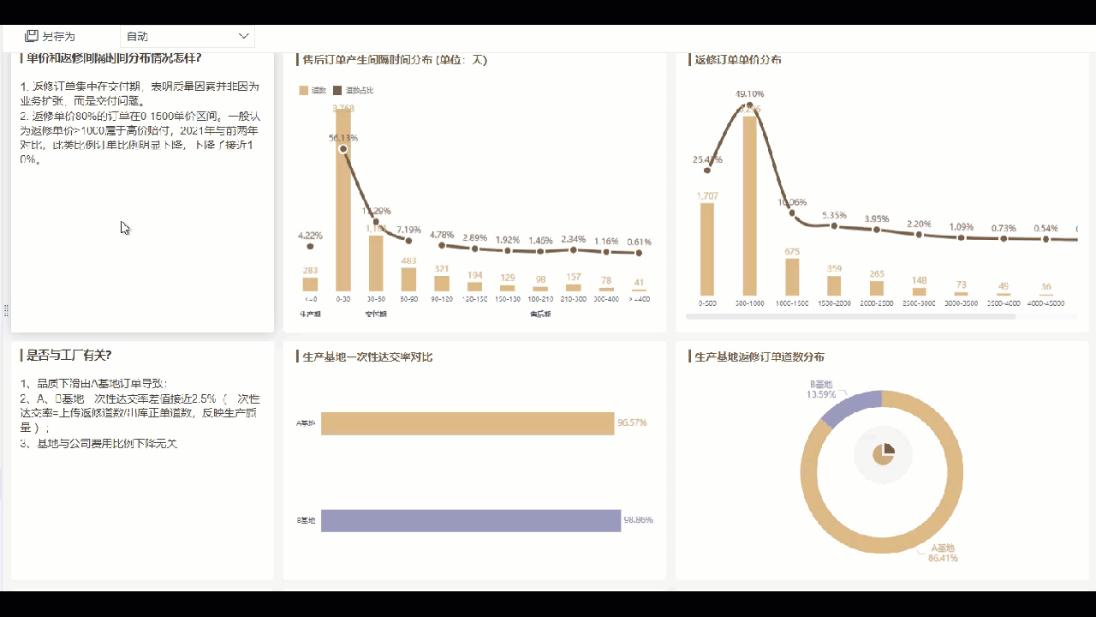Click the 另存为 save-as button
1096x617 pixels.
[x=51, y=36]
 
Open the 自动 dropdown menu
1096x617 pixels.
[x=188, y=36]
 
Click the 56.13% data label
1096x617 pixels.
[x=342, y=137]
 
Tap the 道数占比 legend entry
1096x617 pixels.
[x=354, y=90]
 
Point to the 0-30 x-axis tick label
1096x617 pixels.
[x=342, y=299]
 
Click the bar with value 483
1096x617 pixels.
[x=408, y=279]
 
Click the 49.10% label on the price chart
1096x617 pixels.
[x=749, y=93]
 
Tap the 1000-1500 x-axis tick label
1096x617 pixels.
[x=792, y=303]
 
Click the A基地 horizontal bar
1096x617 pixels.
[x=468, y=422]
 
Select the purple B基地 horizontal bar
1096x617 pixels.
[x=470, y=520]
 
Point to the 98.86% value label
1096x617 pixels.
[x=638, y=520]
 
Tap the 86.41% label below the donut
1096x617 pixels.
[x=943, y=558]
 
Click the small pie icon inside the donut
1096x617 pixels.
[x=884, y=454]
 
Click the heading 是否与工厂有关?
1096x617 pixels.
[x=69, y=355]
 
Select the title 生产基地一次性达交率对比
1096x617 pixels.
[x=367, y=356]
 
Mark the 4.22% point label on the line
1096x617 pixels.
[x=310, y=235]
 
